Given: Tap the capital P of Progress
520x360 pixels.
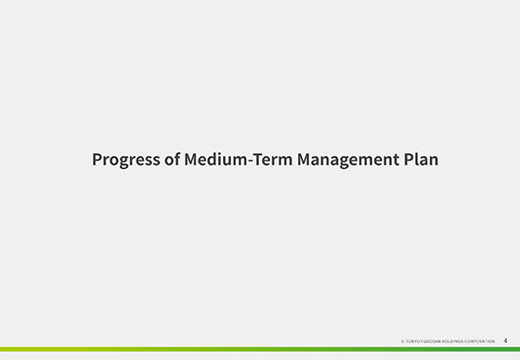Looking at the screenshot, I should point(97,159).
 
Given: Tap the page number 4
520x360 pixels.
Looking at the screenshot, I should point(505,341).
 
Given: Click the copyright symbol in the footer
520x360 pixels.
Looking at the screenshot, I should point(402,341).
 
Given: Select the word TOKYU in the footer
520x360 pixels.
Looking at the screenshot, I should point(412,341).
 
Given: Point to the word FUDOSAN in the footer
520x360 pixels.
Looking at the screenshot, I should point(432,341).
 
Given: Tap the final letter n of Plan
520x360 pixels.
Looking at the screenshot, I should point(433,160).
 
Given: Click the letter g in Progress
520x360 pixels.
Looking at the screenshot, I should point(124,161).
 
